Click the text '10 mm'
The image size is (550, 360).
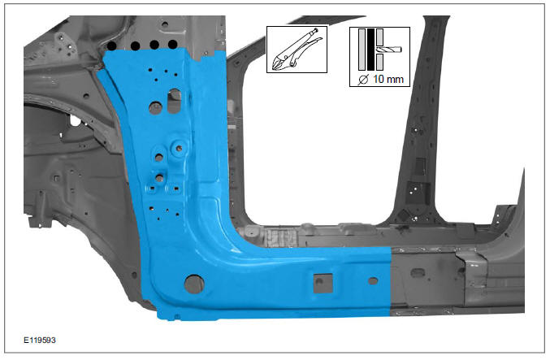[387, 80]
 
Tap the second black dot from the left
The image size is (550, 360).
[133, 45]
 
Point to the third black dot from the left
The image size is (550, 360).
[154, 45]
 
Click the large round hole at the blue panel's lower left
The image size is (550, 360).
[193, 284]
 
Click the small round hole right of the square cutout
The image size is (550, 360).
[372, 281]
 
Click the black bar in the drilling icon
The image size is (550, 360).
[370, 50]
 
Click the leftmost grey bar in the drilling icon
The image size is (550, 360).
[361, 50]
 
